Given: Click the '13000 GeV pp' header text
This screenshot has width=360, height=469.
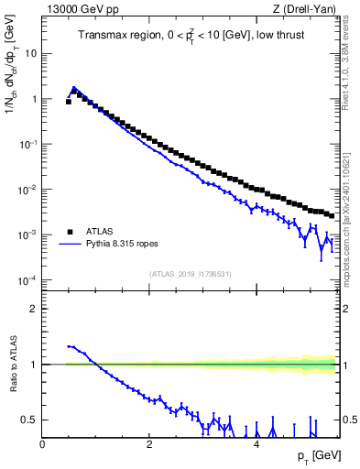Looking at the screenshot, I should (x=82, y=9).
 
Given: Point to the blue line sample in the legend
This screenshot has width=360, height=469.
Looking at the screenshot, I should (x=71, y=245).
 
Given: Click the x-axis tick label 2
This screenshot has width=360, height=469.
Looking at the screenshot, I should (x=149, y=443).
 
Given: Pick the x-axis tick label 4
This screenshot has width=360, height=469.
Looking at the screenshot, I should (x=256, y=443).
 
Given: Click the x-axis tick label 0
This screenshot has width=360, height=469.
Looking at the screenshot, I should (x=42, y=443).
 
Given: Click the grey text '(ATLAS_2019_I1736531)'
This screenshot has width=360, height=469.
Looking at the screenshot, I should (x=191, y=273).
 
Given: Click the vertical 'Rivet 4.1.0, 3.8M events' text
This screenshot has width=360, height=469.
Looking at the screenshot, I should (x=351, y=55).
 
